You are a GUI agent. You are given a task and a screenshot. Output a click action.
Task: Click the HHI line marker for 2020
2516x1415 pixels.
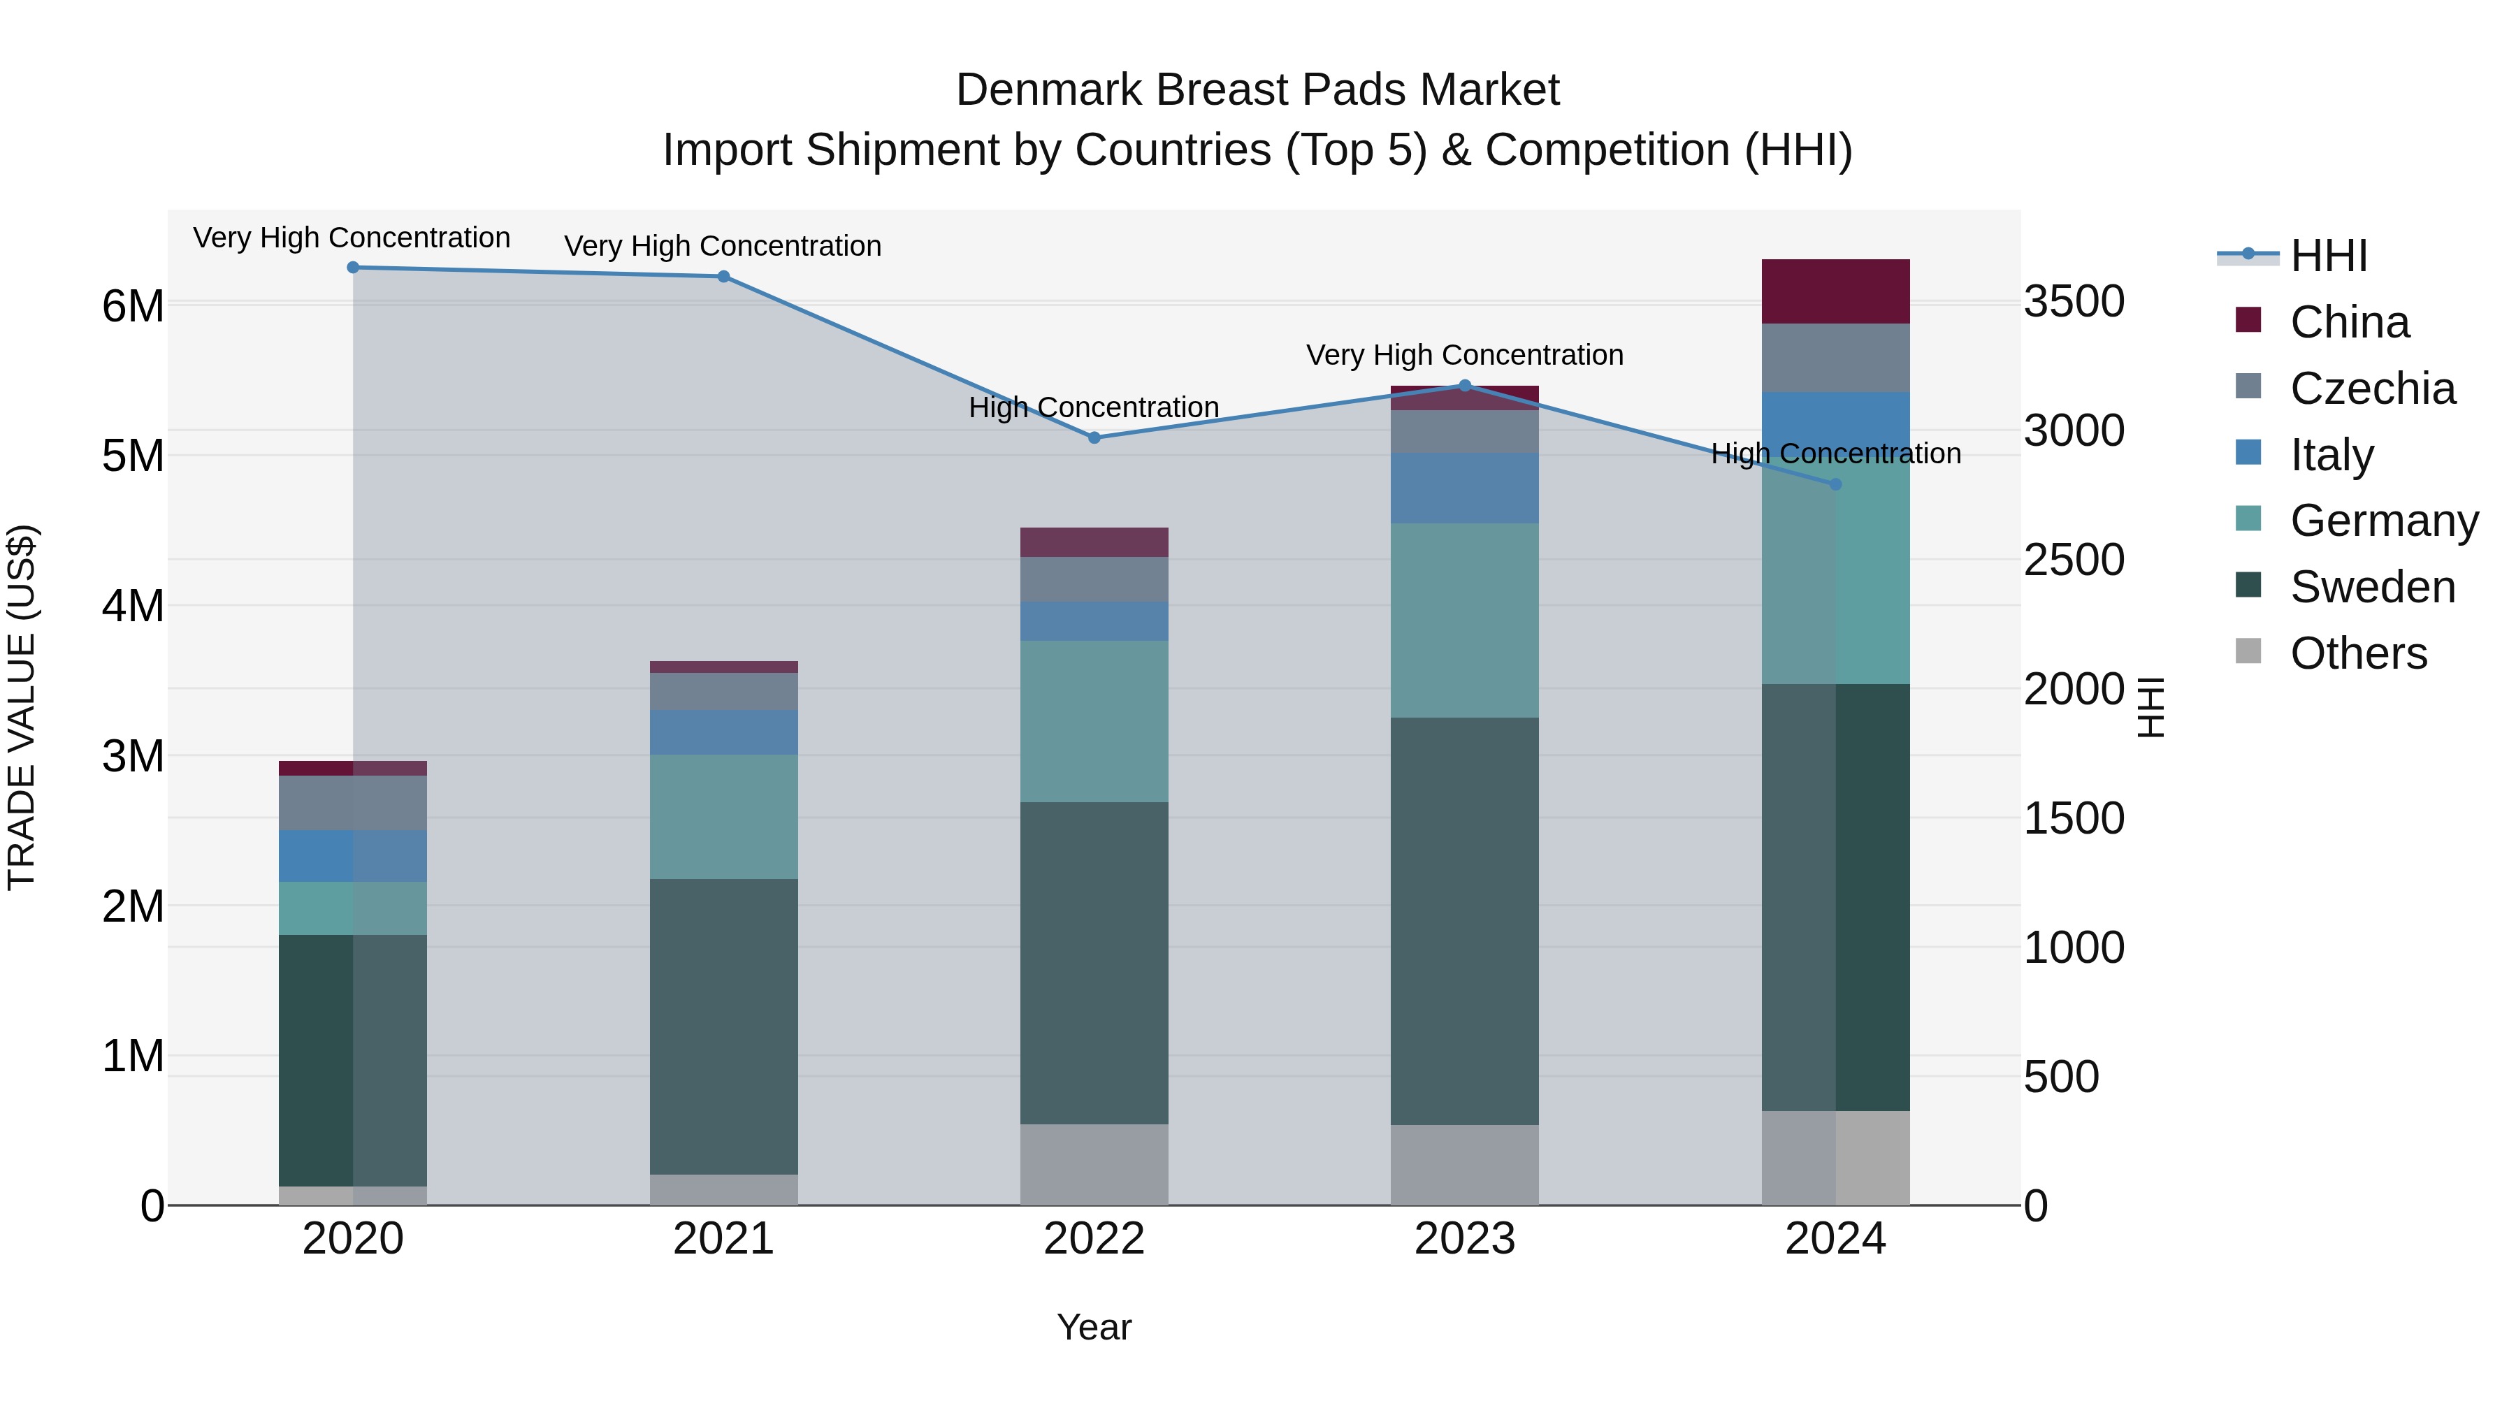tap(353, 268)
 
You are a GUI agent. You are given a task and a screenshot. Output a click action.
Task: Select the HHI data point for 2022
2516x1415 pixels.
tap(1094, 437)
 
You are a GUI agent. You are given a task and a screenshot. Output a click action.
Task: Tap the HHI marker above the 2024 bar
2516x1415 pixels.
tap(1835, 484)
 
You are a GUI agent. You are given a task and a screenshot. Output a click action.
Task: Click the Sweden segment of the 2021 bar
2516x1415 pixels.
tap(724, 1025)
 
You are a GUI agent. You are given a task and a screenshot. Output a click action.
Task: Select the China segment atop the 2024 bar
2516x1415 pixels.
tap(1835, 291)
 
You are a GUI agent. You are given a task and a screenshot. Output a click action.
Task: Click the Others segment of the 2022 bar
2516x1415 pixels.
tap(1094, 1164)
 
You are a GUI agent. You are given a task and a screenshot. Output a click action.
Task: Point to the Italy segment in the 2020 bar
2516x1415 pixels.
tap(353, 857)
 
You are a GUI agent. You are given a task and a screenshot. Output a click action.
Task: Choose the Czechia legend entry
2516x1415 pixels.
tap(2371, 389)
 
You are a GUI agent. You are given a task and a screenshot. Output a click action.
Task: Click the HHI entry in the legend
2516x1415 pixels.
tap(2327, 256)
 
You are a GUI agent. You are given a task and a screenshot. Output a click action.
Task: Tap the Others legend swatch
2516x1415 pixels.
tap(2248, 651)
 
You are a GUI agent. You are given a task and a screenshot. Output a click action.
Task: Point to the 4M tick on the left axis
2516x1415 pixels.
tap(133, 605)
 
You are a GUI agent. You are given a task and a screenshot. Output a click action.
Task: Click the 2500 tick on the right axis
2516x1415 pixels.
tap(2073, 560)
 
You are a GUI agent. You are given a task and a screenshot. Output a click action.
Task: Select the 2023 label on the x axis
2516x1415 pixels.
tap(1464, 1239)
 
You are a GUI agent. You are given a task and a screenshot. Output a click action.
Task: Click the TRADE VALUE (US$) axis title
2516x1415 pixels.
tap(22, 707)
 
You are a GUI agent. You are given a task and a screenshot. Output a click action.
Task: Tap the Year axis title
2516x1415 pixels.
tap(1094, 1327)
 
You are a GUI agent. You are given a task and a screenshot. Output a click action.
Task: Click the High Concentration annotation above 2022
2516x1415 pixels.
tap(1094, 407)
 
